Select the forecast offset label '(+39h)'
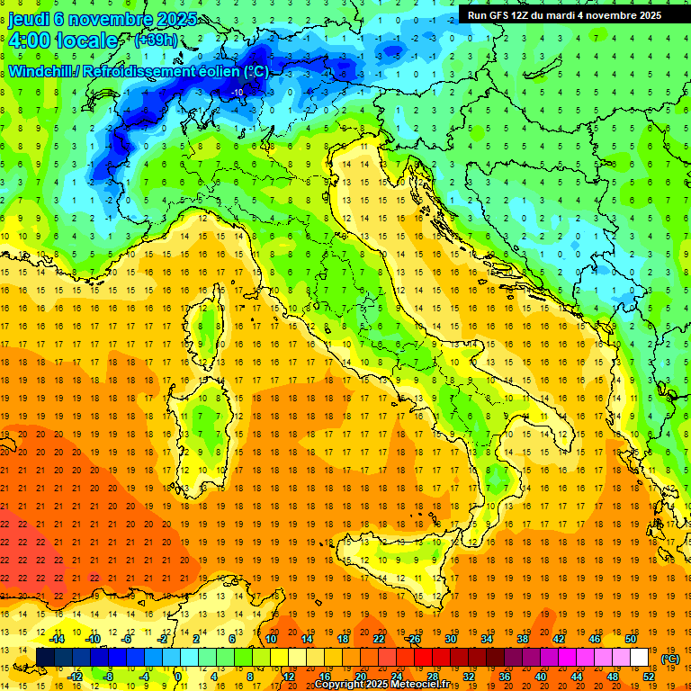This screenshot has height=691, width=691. click(155, 40)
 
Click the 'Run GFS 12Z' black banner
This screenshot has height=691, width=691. click(563, 14)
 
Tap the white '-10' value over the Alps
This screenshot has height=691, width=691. click(238, 92)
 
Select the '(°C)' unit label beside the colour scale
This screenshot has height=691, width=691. click(669, 659)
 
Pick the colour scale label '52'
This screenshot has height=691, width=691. click(648, 677)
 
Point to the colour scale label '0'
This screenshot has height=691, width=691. click(177, 677)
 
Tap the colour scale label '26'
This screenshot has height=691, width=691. click(414, 639)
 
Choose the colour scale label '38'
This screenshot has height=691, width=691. click(522, 639)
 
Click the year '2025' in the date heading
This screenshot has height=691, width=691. click(177, 19)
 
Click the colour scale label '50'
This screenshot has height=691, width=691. click(630, 639)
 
